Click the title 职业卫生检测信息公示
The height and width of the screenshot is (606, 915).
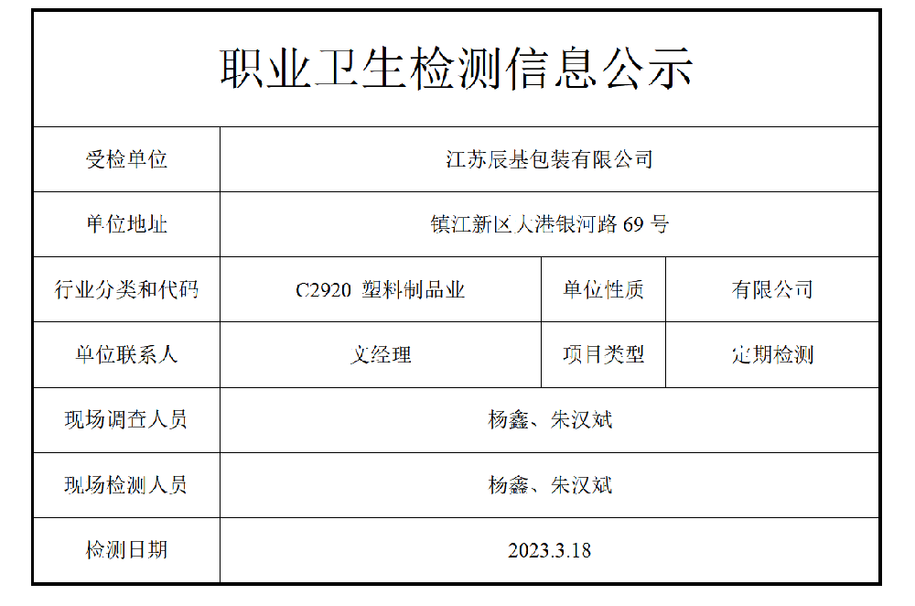(x=457, y=70)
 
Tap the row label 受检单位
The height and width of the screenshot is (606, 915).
(x=126, y=159)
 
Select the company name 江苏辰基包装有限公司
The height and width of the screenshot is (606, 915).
(x=549, y=159)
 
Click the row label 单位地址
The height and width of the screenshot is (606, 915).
(x=126, y=224)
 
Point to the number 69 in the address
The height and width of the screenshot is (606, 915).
(x=633, y=224)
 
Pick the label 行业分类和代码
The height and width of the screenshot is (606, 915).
(x=126, y=290)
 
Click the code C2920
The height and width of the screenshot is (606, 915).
(x=323, y=290)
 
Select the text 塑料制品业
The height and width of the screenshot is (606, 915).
(x=414, y=290)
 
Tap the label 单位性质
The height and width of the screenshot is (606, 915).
(x=603, y=290)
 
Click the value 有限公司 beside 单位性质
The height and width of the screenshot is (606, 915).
(x=772, y=290)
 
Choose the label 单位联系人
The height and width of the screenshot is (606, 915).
(x=126, y=355)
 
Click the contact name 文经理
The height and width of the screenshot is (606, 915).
(x=381, y=355)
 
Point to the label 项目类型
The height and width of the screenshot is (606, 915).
(x=603, y=355)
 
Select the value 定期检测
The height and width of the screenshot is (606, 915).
(x=772, y=355)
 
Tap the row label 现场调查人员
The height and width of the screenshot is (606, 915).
(x=126, y=420)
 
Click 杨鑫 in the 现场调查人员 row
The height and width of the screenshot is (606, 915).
(x=509, y=420)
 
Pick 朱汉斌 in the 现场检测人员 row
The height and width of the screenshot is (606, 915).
(x=581, y=485)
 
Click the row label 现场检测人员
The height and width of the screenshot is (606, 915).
(x=126, y=485)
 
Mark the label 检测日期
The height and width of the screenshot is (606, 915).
(x=126, y=550)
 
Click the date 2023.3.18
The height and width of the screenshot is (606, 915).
(x=549, y=551)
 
